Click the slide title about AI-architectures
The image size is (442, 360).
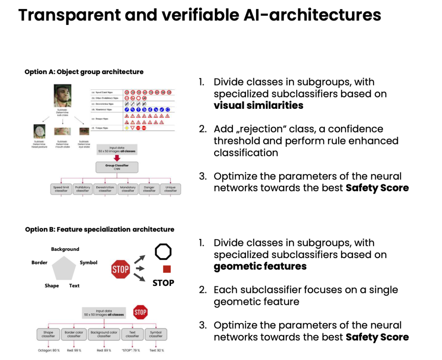pyautogui.click(x=200, y=16)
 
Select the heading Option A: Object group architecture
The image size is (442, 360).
pyautogui.click(x=84, y=72)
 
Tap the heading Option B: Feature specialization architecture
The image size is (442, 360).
pyautogui.click(x=99, y=229)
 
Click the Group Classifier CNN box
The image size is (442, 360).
pyautogui.click(x=117, y=167)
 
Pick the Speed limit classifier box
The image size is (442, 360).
pyautogui.click(x=61, y=189)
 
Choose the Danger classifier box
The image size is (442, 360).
pyautogui.click(x=149, y=189)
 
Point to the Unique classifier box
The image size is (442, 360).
pyautogui.click(x=170, y=189)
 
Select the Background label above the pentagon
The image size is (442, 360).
pyautogui.click(x=65, y=249)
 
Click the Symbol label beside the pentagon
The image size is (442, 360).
pyautogui.click(x=88, y=263)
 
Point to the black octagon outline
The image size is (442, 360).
pyautogui.click(x=163, y=252)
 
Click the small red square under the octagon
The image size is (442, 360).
pyautogui.click(x=167, y=269)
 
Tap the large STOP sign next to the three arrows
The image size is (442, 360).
pyautogui.click(x=120, y=269)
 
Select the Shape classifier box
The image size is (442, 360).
pyautogui.click(x=48, y=334)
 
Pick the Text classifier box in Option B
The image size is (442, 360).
pyautogui.click(x=132, y=334)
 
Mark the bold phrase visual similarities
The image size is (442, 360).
pyautogui.click(x=258, y=106)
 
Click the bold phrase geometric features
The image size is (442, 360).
pyautogui.click(x=260, y=266)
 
